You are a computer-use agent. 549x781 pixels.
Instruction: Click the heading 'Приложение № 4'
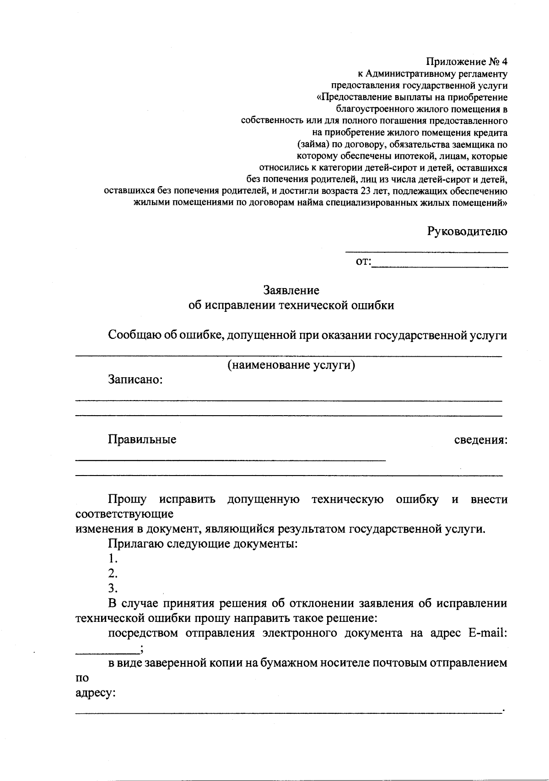tap(467, 61)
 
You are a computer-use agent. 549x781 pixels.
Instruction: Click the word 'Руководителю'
tap(467, 231)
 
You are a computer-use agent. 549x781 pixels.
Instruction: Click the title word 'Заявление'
tap(291, 290)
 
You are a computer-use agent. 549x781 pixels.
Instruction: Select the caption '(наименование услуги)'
tap(291, 365)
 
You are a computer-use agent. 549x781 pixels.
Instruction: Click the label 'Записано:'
tap(135, 380)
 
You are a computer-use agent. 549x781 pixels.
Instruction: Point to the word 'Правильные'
tap(142, 440)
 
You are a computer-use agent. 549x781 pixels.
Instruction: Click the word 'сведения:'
tap(480, 440)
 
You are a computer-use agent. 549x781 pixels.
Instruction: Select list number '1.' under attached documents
tap(113, 559)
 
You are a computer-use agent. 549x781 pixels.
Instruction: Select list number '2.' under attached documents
tap(113, 573)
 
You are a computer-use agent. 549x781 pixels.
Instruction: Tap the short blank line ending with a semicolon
tap(108, 651)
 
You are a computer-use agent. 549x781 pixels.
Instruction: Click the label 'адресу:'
tap(95, 693)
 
